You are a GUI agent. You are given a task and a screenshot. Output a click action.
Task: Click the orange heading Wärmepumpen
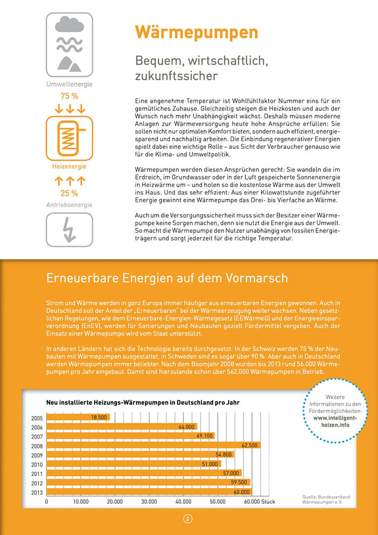click(x=196, y=32)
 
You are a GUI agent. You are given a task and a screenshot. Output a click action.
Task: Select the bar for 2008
click(x=151, y=445)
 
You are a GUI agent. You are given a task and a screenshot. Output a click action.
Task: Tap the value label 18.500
click(x=99, y=418)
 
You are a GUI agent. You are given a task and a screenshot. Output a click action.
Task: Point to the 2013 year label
click(x=36, y=492)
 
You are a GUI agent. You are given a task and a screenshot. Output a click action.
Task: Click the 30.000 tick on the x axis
click(x=149, y=502)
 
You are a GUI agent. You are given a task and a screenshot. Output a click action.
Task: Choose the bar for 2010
click(x=131, y=464)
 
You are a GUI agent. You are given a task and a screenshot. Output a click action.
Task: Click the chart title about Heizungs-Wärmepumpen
click(x=143, y=402)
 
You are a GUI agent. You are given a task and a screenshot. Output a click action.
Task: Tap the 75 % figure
click(x=69, y=96)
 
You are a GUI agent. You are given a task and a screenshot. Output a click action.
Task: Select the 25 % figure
click(x=69, y=193)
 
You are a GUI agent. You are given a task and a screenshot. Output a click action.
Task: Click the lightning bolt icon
click(x=69, y=229)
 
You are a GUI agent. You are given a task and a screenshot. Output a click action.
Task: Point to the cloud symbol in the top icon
click(x=69, y=24)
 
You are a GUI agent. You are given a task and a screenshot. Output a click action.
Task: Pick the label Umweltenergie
click(x=69, y=84)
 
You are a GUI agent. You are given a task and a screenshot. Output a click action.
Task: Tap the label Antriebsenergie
click(x=69, y=205)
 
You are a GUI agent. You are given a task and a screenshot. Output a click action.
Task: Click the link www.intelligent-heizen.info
click(x=335, y=422)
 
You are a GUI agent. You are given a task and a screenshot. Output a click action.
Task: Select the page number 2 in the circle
click(x=188, y=519)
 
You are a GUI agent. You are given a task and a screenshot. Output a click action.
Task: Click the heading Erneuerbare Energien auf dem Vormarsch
click(x=167, y=278)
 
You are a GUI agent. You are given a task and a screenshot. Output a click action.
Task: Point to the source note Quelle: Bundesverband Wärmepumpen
click(x=326, y=499)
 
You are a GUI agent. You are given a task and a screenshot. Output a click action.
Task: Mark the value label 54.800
click(x=224, y=455)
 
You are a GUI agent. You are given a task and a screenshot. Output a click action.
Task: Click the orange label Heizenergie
click(x=69, y=166)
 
